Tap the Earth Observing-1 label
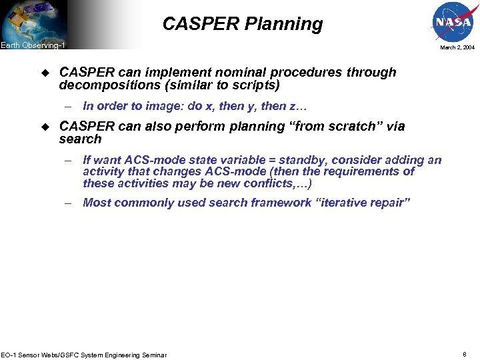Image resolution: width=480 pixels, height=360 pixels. tap(33, 45)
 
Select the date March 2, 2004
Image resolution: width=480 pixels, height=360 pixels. tap(457, 48)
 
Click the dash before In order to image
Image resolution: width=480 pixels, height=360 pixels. tap(68, 106)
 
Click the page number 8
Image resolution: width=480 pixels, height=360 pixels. tap(465, 354)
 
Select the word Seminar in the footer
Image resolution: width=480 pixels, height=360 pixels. tap(152, 355)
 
